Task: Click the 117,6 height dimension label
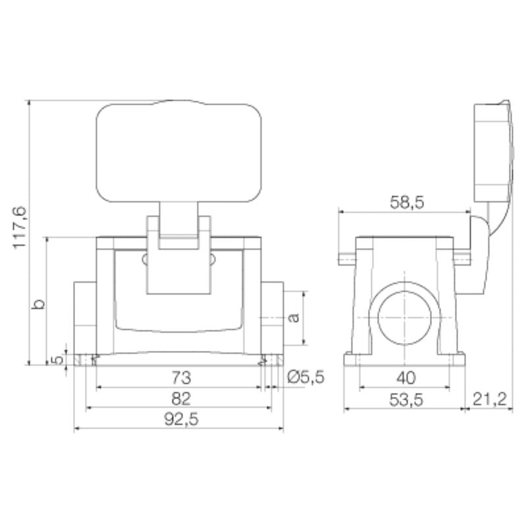[19, 227]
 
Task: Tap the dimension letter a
[295, 318]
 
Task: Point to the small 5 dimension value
[58, 359]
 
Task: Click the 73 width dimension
[180, 377]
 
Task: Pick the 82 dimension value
[180, 398]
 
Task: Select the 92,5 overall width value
[180, 419]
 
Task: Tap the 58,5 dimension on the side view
[406, 202]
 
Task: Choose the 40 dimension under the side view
[406, 377]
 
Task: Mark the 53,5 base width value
[405, 398]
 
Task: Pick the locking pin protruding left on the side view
[347, 258]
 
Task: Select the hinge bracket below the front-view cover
[179, 253]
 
